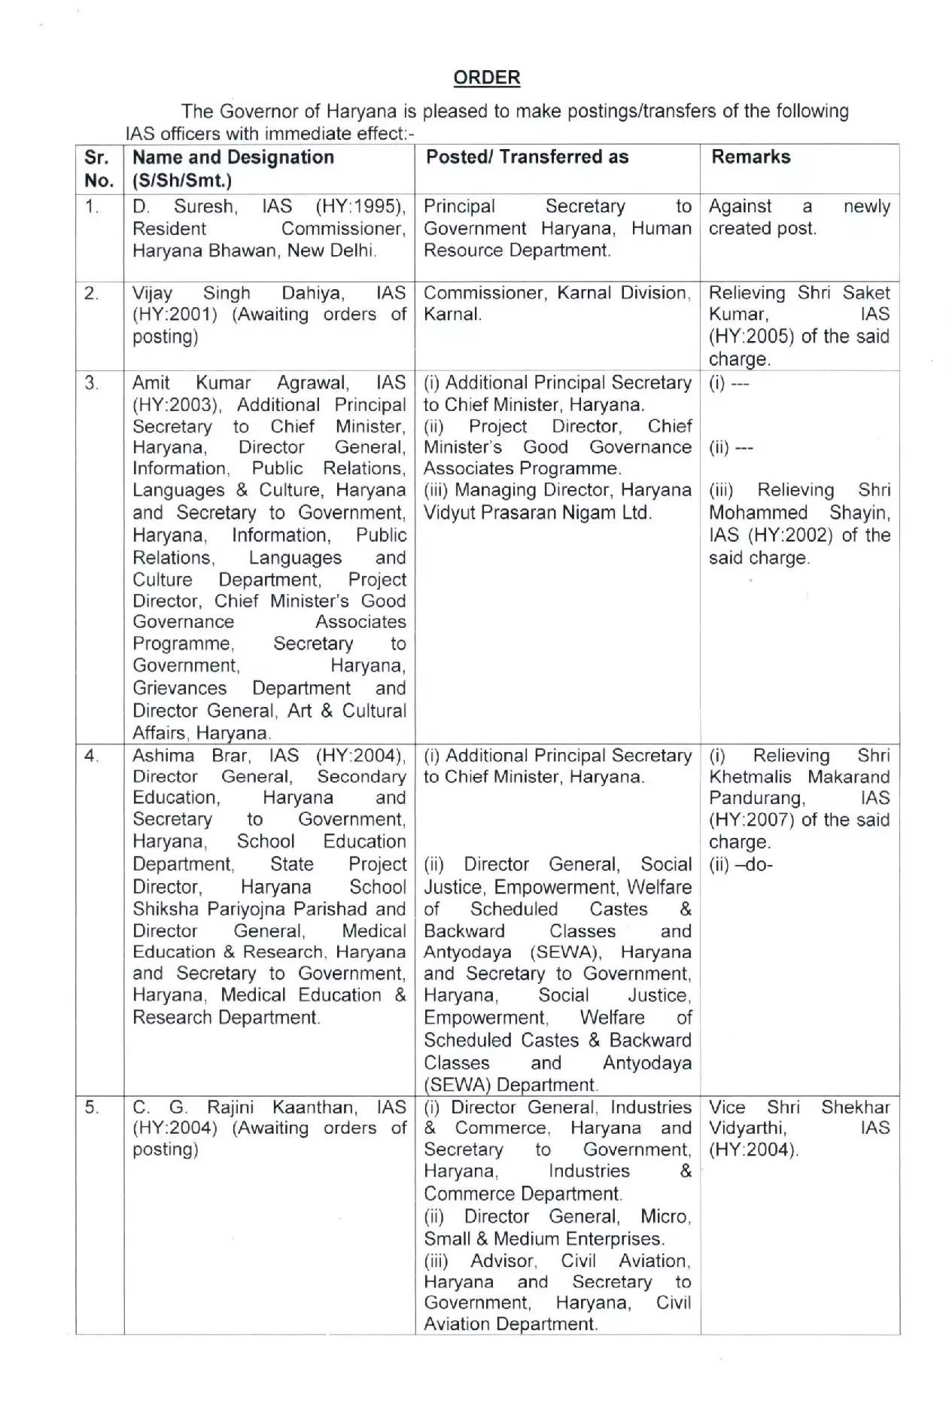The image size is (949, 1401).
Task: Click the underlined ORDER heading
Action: point(487,78)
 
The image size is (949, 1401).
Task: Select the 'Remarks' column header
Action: point(750,157)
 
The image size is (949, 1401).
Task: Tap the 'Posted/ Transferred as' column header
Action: point(527,157)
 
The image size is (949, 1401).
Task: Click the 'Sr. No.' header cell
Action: point(99,169)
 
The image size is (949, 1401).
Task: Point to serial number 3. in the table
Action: point(92,383)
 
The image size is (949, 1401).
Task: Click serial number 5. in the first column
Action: point(92,1107)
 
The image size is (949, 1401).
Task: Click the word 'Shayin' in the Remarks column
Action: point(859,513)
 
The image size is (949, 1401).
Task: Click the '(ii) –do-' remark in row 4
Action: point(741,864)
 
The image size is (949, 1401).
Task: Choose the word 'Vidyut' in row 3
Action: point(453,513)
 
